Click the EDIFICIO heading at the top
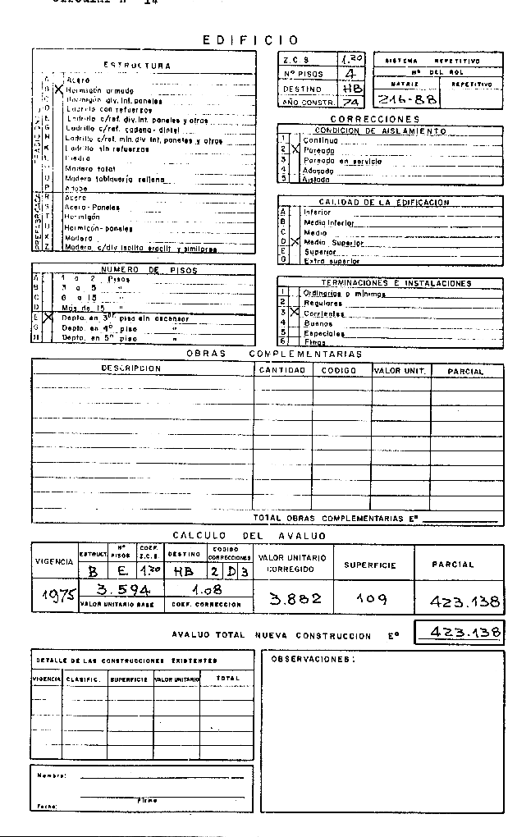[251, 39]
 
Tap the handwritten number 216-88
[405, 99]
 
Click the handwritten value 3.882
[296, 599]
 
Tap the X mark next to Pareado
[296, 150]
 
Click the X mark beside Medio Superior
[296, 242]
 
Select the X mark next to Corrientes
[296, 313]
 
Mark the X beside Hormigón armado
[57, 87]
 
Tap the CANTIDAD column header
[281, 371]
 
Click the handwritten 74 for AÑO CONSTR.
[350, 102]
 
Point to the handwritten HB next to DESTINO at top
[351, 88]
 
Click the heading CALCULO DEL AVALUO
[249, 536]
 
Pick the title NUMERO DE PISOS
[144, 269]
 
